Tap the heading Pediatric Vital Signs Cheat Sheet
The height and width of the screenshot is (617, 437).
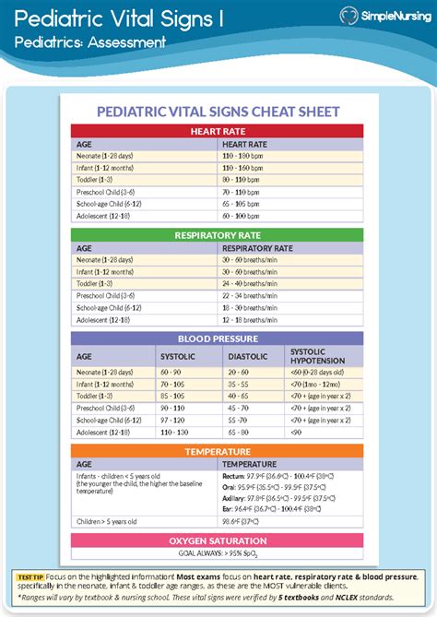tap(218, 112)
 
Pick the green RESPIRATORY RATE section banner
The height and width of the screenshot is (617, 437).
tap(218, 235)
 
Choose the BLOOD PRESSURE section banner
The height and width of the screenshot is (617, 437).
tap(218, 338)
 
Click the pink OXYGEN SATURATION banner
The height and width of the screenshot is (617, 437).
tap(218, 540)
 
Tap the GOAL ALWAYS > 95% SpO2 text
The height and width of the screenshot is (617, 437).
tap(218, 554)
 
